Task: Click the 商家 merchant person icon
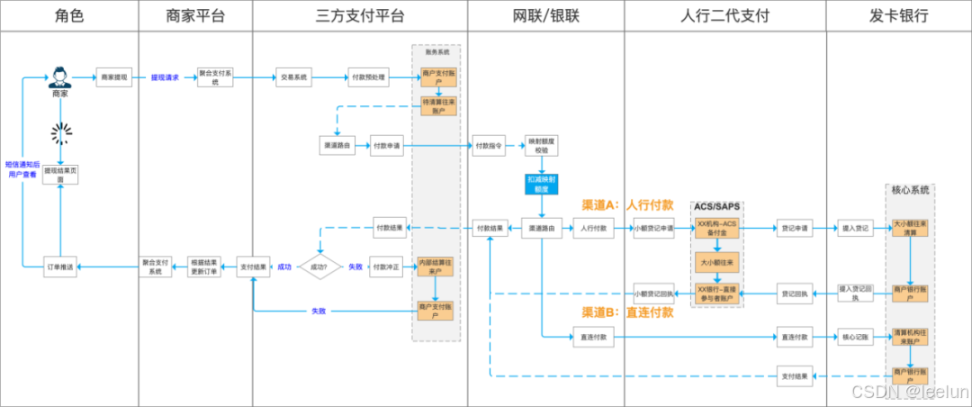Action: point(60,76)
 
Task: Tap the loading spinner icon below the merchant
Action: point(60,134)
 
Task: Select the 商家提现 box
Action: point(114,77)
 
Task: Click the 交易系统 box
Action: point(293,77)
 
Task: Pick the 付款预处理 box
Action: point(367,77)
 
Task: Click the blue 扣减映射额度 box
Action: point(541,184)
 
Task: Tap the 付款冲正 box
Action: point(387,267)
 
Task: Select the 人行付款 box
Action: point(593,229)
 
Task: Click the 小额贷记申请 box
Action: point(653,229)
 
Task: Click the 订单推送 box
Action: point(60,267)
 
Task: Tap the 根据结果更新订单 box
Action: point(203,267)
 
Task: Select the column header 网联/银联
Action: point(545,16)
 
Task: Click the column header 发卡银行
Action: point(898,16)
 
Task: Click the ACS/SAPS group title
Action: point(717,207)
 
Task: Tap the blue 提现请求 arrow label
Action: point(165,77)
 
